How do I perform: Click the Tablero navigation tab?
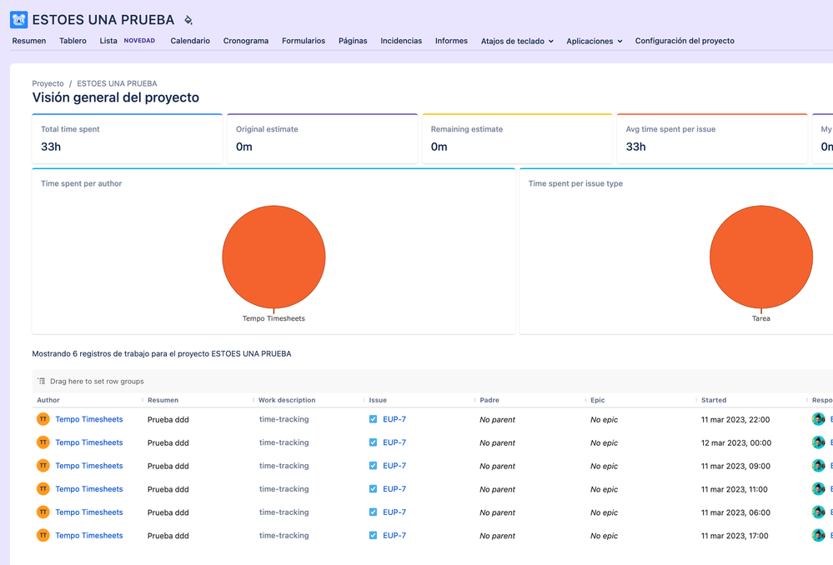(x=73, y=41)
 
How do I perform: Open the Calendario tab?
(x=190, y=41)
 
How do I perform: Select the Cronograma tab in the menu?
(x=246, y=41)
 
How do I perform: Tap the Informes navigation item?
(x=451, y=41)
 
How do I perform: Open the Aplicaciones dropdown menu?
(x=595, y=41)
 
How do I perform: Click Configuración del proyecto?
(x=685, y=41)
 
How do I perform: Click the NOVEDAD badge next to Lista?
(x=139, y=41)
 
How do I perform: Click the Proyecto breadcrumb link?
(x=48, y=83)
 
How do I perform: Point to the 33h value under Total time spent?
(x=51, y=147)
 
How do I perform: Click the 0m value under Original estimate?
(x=244, y=147)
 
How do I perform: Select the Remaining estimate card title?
(x=466, y=129)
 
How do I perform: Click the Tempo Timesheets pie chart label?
(x=273, y=318)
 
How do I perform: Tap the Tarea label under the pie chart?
(x=760, y=318)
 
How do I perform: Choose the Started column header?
(x=714, y=400)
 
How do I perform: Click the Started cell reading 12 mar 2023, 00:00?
(x=736, y=442)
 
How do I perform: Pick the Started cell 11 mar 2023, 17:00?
(x=735, y=536)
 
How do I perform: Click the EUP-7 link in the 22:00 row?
(x=394, y=419)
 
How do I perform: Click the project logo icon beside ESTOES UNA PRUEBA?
(x=18, y=19)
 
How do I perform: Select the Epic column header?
(x=598, y=400)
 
